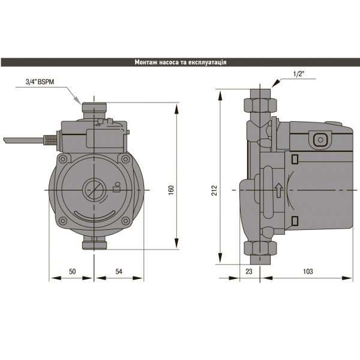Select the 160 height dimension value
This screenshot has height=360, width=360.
tap(172, 190)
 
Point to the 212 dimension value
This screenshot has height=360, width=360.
tap(214, 190)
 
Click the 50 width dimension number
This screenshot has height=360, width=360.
tap(72, 272)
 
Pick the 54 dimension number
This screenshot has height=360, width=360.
tap(119, 272)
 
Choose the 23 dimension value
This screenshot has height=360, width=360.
tap(250, 272)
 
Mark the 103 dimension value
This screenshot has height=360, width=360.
tap(308, 272)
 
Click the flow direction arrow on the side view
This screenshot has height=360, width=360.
tap(278, 191)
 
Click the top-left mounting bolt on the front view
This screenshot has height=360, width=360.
tap(62, 159)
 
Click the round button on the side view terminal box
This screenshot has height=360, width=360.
tap(320, 139)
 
